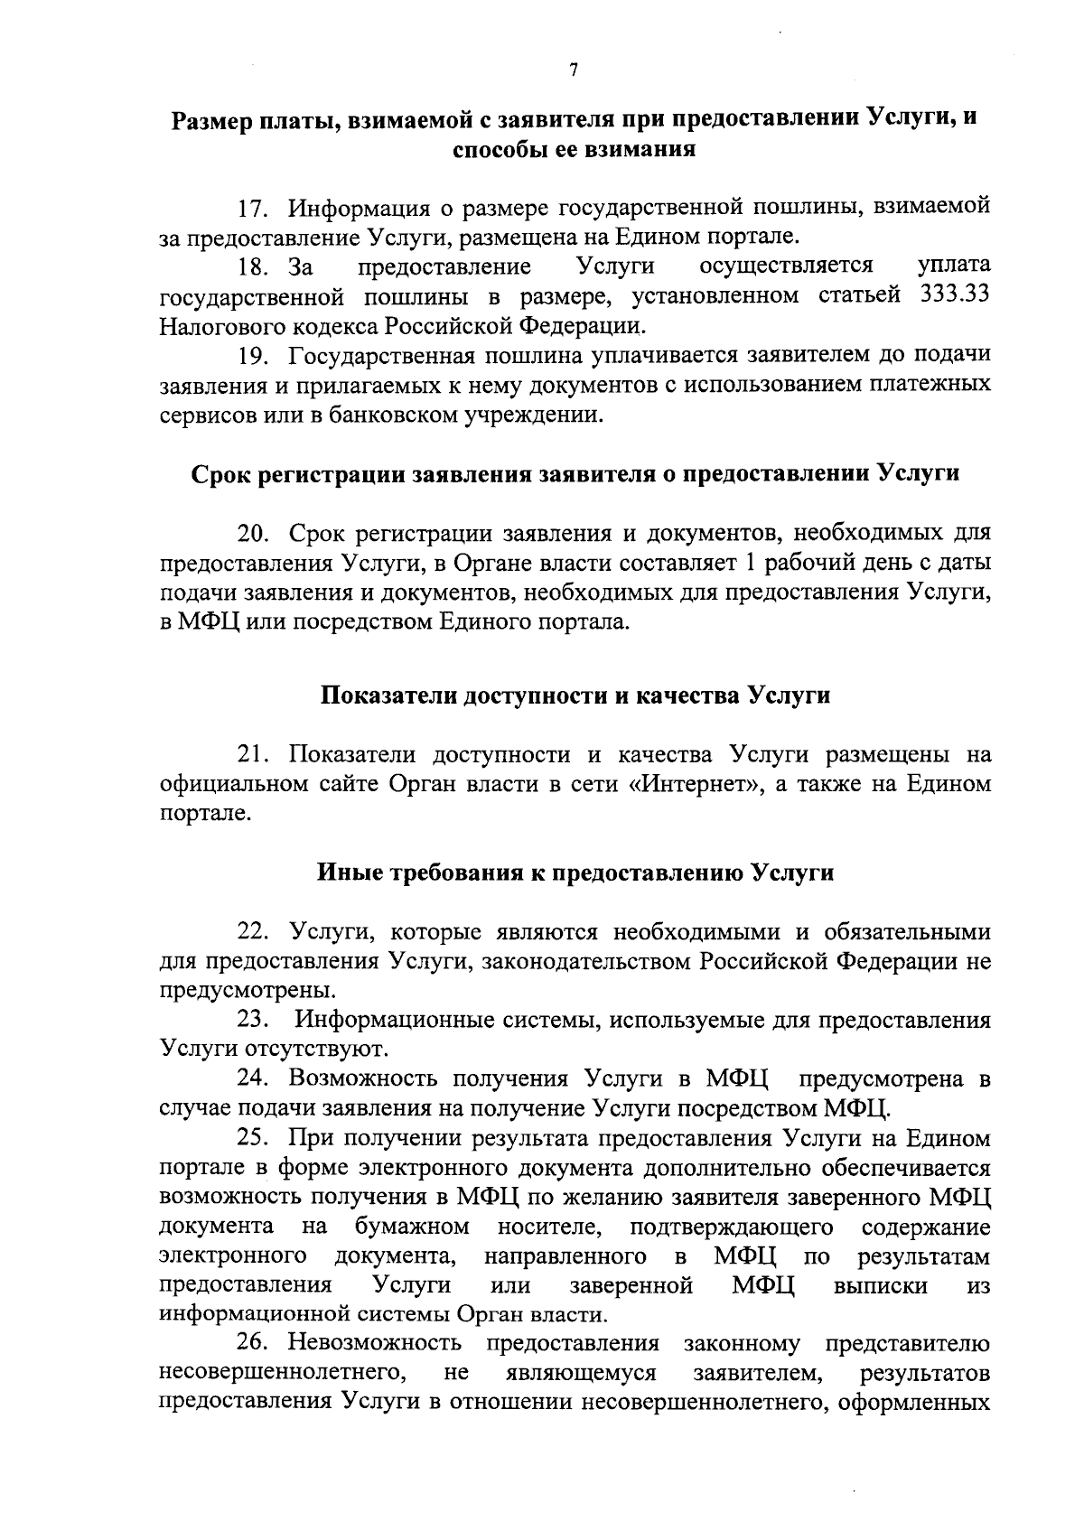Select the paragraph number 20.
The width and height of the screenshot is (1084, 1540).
(x=256, y=534)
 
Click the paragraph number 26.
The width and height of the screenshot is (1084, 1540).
(x=256, y=1343)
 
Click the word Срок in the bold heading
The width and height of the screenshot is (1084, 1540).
(x=220, y=474)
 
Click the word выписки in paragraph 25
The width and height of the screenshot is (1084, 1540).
(x=880, y=1284)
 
